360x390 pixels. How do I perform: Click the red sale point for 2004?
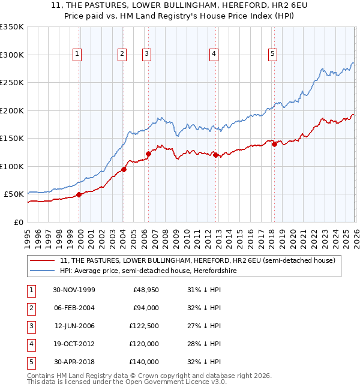(124, 169)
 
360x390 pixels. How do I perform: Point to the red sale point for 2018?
(274, 143)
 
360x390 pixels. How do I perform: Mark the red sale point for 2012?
(215, 155)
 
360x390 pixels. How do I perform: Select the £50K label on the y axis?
(14, 194)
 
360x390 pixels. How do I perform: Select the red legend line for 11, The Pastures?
(42, 260)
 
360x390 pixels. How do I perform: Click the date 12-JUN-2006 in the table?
(74, 326)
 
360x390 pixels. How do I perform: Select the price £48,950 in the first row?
(145, 290)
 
